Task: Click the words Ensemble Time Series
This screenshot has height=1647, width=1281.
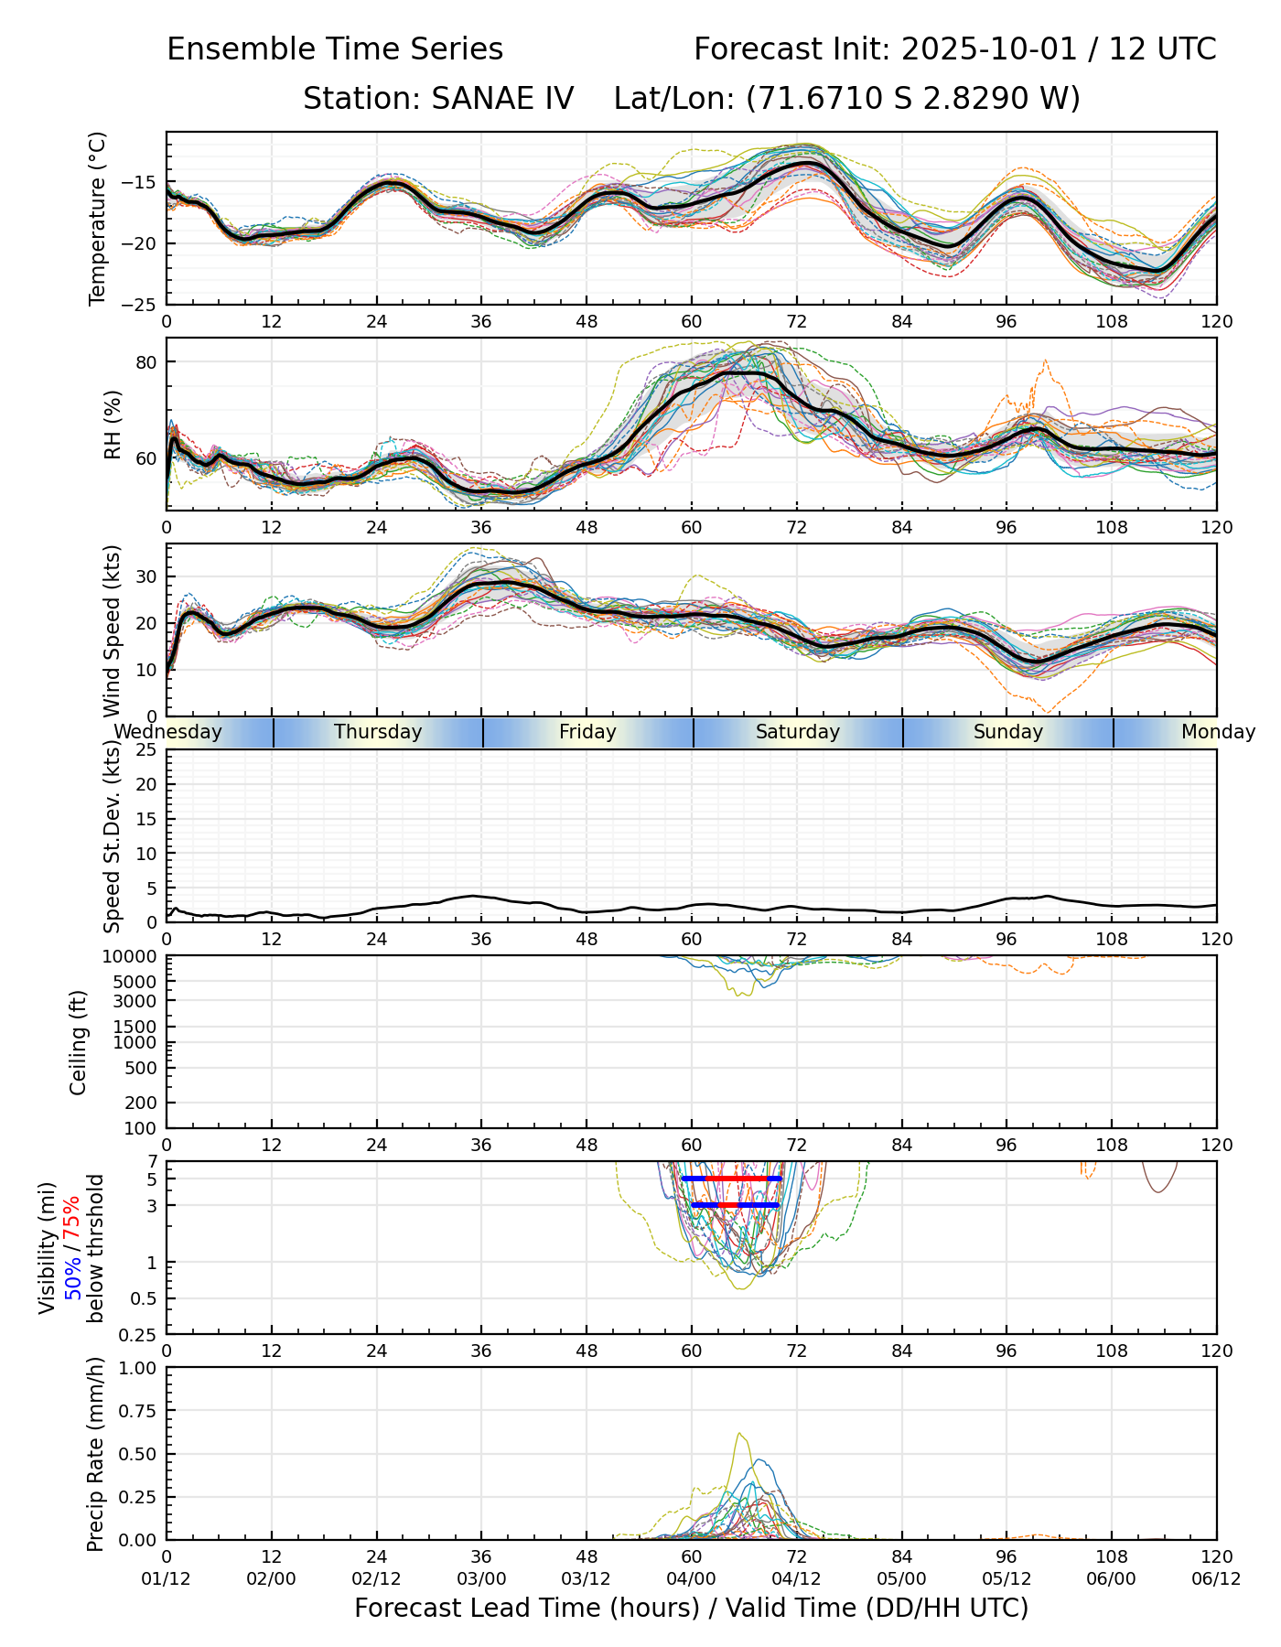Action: [335, 49]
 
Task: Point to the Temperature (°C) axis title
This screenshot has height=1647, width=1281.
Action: [98, 218]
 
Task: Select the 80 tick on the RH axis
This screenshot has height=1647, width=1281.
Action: [147, 361]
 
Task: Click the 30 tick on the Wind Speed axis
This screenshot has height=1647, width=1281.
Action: [147, 576]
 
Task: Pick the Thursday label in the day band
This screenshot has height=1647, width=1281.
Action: [378, 732]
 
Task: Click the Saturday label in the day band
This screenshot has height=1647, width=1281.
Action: [798, 732]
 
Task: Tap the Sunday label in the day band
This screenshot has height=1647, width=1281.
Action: [1008, 732]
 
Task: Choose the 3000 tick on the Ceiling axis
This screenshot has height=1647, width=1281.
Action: [138, 1001]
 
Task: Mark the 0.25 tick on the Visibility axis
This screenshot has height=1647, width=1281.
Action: [140, 1333]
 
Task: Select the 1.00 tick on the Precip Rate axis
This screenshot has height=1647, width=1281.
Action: [138, 1368]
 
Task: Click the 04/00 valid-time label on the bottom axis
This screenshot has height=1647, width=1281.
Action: [692, 1579]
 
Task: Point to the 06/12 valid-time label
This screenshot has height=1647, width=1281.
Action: [1217, 1579]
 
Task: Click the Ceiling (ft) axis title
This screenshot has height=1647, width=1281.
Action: [79, 1042]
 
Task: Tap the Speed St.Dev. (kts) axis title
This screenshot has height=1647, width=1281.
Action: [112, 835]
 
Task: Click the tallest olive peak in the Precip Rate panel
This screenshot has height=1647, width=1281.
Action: [739, 1433]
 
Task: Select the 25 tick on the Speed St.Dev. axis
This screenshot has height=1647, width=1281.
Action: [147, 750]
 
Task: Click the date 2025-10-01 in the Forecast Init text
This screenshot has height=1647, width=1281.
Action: [988, 49]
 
